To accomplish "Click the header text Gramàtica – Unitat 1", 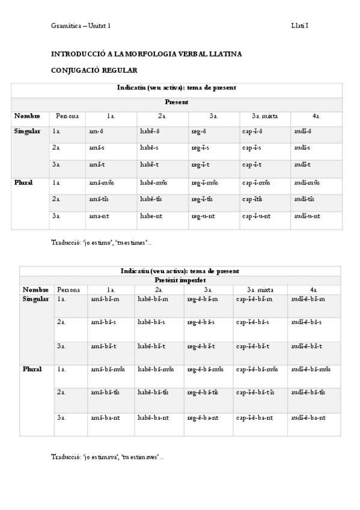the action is [81, 26].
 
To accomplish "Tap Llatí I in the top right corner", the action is [300, 26].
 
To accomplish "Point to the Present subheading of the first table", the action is [177, 102].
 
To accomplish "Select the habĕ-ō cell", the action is [149, 131].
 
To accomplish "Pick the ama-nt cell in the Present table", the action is [99, 216].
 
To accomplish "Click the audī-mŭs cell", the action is [307, 182].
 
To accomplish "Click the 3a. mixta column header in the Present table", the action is [264, 115].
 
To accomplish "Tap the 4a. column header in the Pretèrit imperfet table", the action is [314, 289].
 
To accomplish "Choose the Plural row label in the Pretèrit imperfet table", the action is [32, 369].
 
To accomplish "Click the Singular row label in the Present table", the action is [27, 131].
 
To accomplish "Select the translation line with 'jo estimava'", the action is [107, 457].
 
